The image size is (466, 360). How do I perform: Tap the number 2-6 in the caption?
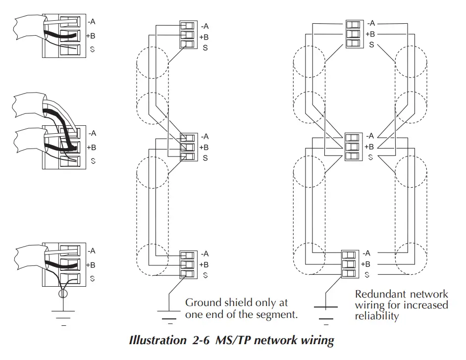[x=202, y=341]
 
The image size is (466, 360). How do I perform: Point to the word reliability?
[x=376, y=316]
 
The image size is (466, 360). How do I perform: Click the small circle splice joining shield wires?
[x=62, y=294]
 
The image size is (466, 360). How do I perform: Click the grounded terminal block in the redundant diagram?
[x=350, y=264]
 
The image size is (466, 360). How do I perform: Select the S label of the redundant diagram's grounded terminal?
[x=367, y=275]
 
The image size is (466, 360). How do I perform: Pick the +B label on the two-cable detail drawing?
[x=91, y=147]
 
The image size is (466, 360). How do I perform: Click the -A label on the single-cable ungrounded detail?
[x=91, y=22]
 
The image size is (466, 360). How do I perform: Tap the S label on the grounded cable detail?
[x=92, y=278]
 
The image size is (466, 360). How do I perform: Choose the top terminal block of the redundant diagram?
[x=353, y=34]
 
